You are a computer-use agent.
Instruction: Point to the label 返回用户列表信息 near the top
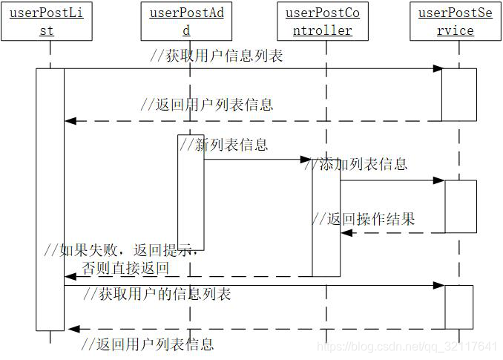207,105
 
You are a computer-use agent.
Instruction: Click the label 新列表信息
224,145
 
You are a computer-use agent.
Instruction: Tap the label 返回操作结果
363,218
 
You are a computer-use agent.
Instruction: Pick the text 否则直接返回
125,268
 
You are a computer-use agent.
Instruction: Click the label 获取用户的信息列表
157,294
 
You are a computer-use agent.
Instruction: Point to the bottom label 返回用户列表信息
147,344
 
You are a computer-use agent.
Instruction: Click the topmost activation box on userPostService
459,94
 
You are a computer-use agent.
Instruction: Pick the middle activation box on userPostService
460,206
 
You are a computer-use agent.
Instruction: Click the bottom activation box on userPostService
458,307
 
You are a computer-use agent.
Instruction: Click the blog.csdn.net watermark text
407,346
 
